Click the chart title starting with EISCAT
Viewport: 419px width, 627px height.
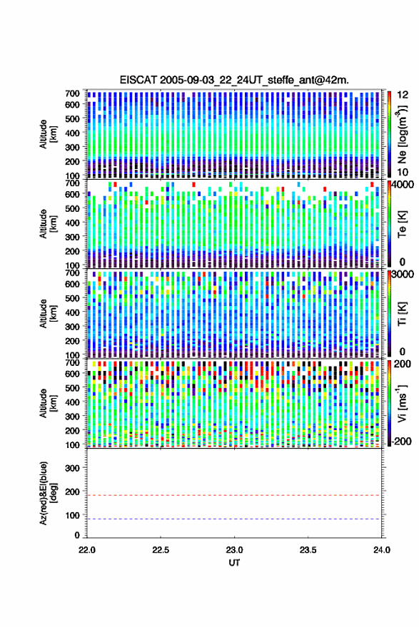(x=234, y=80)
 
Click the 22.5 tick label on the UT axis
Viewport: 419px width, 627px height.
(x=161, y=550)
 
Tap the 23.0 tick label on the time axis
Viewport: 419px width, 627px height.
(x=234, y=550)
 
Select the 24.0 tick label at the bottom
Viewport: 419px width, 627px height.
(x=381, y=550)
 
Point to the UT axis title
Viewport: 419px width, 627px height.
(x=234, y=563)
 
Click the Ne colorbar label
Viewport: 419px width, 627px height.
(x=402, y=134)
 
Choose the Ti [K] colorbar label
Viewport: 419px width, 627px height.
(x=402, y=314)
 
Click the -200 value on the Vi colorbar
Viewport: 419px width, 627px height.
(x=401, y=441)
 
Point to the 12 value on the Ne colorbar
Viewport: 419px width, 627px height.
(x=403, y=95)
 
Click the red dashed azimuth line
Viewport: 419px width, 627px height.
(x=234, y=495)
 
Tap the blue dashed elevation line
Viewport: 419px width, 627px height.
(x=234, y=519)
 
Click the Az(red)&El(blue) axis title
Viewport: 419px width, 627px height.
(x=48, y=493)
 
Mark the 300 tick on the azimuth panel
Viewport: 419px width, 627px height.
(x=72, y=468)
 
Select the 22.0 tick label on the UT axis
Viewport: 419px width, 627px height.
(x=87, y=550)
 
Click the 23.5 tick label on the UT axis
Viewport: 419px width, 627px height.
(x=308, y=550)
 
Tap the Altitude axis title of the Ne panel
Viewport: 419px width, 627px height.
(x=48, y=134)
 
